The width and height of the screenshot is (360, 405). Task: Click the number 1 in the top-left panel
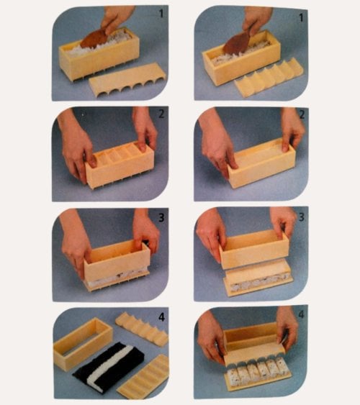coord(161,14)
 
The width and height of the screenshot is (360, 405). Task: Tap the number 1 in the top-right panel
coord(301,18)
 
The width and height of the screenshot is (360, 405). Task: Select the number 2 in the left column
coord(161,114)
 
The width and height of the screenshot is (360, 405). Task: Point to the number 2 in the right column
coord(302,114)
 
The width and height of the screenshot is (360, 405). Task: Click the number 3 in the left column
coord(161,218)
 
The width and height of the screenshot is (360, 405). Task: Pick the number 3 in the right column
coord(302,217)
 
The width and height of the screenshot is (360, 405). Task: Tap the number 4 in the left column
coord(161,317)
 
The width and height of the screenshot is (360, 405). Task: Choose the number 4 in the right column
coord(302,314)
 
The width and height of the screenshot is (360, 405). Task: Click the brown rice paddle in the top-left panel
coord(94,40)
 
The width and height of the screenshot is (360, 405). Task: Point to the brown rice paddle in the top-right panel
coord(236,44)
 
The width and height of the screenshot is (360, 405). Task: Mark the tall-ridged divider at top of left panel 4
coord(142,329)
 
